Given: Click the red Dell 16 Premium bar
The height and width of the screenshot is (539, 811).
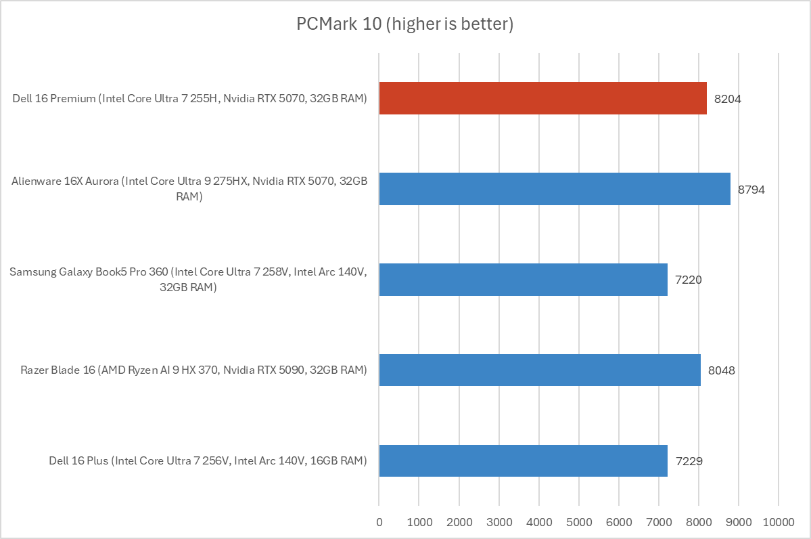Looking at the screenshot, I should [x=542, y=98].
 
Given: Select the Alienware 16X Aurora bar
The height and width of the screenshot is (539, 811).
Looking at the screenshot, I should [x=555, y=189].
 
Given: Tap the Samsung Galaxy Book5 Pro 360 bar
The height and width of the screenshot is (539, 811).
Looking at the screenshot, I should [x=523, y=280].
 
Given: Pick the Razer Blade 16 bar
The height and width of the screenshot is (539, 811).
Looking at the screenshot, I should [x=540, y=370].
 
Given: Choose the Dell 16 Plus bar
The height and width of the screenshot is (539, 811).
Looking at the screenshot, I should [x=523, y=460].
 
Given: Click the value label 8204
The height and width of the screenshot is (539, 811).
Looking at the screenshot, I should [x=728, y=99].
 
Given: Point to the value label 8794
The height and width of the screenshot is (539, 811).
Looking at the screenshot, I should [x=751, y=190].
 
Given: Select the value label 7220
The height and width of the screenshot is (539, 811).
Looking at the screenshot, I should [x=689, y=280].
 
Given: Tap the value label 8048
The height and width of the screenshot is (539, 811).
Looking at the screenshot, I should [x=722, y=370].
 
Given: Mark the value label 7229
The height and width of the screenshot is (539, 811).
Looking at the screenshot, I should [x=689, y=461].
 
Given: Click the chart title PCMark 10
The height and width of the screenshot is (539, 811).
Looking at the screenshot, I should [x=405, y=24].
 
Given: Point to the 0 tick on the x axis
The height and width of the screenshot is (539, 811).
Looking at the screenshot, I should [x=379, y=522].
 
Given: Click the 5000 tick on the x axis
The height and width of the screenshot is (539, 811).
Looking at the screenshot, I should [x=578, y=522].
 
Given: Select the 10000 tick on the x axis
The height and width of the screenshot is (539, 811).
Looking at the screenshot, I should [x=778, y=522].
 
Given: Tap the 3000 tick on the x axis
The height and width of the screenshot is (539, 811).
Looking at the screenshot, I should [x=499, y=522].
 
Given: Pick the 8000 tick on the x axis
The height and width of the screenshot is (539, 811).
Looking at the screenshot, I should [x=698, y=522].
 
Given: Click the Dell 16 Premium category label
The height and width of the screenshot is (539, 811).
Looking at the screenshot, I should [x=189, y=99].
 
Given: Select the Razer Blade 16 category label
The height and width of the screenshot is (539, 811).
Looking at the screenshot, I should [x=193, y=370].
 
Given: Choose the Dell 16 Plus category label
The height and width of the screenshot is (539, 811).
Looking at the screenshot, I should [x=208, y=461].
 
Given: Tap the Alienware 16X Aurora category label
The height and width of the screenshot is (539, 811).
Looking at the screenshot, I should [x=189, y=189].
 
